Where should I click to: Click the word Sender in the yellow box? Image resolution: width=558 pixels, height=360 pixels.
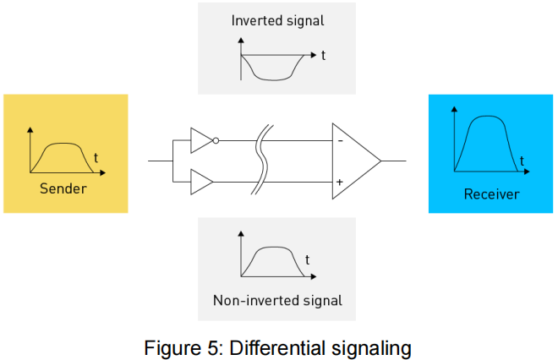(x=63, y=188)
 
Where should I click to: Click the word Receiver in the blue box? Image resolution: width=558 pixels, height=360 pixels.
(x=491, y=194)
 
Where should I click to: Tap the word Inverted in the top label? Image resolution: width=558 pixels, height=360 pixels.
(x=255, y=20)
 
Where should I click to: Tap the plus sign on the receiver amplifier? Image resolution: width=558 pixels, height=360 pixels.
(x=340, y=182)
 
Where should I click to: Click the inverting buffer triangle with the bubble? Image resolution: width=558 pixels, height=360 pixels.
(x=200, y=140)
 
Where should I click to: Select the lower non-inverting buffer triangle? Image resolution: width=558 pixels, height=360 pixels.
(x=200, y=181)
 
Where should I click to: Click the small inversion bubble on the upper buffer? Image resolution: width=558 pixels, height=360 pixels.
(x=216, y=140)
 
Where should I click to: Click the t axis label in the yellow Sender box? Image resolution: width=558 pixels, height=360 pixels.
(x=96, y=157)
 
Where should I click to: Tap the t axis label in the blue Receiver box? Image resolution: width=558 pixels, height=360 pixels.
(x=522, y=160)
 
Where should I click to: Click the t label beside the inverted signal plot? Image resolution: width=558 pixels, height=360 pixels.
(x=323, y=56)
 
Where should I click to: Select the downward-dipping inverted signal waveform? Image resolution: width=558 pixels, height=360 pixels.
(x=274, y=74)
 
